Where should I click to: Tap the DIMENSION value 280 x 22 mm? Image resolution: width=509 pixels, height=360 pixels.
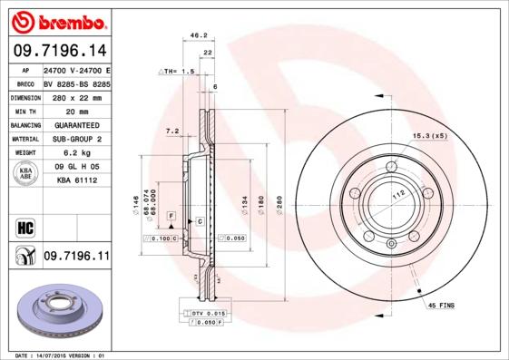tap(75, 96)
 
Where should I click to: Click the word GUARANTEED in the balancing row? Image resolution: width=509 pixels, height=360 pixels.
tap(75, 124)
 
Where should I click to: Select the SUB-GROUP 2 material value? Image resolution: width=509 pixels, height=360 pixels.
tap(75, 139)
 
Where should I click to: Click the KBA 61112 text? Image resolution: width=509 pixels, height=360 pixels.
tap(75, 180)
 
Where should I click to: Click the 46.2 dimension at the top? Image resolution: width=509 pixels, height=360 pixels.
tap(194, 36)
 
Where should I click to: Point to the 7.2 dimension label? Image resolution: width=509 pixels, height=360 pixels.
tap(171, 131)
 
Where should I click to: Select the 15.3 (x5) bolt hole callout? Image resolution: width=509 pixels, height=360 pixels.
tap(430, 135)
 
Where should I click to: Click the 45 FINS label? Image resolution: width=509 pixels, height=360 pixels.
tap(442, 306)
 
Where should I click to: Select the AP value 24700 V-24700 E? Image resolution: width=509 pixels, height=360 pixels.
tap(75, 69)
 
